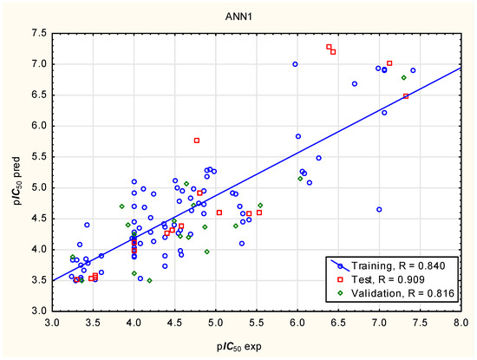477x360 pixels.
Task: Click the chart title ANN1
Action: point(238,16)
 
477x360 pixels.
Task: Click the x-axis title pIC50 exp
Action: point(239,346)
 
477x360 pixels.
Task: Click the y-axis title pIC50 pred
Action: point(16,180)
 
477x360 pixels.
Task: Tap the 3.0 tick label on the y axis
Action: point(39,311)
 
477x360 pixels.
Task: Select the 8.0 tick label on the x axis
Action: point(461,323)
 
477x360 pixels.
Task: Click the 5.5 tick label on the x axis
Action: point(257,323)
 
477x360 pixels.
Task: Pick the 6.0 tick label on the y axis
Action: point(39,126)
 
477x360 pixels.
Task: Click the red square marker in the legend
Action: point(341,279)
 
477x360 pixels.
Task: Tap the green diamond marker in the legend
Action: point(341,293)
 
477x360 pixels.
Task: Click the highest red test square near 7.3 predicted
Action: point(329,47)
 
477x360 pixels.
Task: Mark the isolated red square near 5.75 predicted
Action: point(197,141)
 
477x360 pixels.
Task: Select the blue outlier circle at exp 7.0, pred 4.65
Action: point(379,209)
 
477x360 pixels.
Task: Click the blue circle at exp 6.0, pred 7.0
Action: point(295,64)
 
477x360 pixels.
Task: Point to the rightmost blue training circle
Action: point(413,70)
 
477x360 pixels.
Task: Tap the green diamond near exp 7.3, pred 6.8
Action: point(403,77)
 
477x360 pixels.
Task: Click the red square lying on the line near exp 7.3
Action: point(406,96)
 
